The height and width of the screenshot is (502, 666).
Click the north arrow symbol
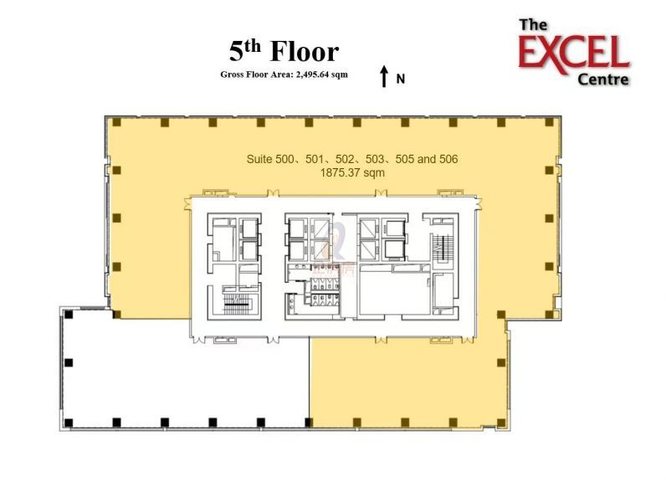(384, 77)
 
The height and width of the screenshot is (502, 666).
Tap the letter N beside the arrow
(401, 79)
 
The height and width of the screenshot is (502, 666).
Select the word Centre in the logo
(603, 79)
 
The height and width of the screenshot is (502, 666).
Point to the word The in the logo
(533, 25)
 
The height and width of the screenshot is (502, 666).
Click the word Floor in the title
(305, 52)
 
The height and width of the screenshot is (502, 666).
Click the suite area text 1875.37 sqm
(352, 173)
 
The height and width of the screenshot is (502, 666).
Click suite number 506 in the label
(444, 158)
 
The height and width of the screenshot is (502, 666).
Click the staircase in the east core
(441, 248)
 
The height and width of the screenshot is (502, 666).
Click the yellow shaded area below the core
(406, 381)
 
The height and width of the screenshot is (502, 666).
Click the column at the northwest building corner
(116, 123)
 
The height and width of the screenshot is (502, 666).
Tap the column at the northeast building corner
(549, 123)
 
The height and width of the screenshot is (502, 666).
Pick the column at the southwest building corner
(69, 421)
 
